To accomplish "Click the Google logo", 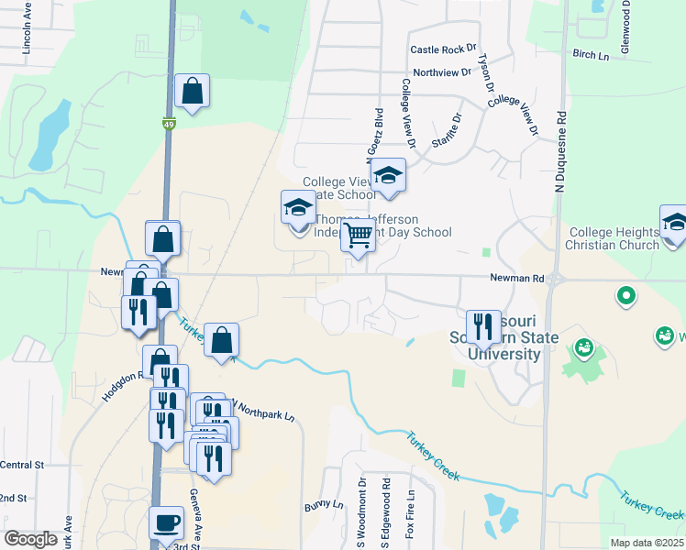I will click(31, 539).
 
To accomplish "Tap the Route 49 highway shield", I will click(169, 123).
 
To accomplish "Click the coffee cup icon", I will click(166, 522).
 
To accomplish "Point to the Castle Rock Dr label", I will click(445, 49).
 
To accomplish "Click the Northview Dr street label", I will click(441, 72).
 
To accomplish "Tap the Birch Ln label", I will click(591, 56).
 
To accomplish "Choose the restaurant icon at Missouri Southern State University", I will click(483, 326).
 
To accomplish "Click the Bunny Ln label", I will click(324, 505).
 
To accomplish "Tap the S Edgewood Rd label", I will click(387, 510).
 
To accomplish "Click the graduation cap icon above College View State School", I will click(389, 175).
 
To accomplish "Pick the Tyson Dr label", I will click(486, 72).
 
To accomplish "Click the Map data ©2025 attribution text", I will click(647, 543).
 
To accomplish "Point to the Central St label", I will click(22, 466).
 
